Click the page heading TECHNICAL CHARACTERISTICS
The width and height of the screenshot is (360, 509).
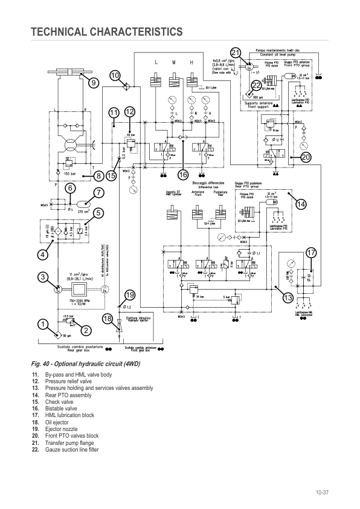click(106, 31)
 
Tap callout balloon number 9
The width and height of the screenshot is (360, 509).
click(92, 83)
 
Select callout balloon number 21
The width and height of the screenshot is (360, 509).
click(236, 53)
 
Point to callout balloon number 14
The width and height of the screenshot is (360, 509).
click(300, 204)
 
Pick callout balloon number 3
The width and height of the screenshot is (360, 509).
click(42, 277)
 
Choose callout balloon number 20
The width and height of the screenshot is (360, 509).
click(305, 157)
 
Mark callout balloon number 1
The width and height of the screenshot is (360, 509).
click(42, 325)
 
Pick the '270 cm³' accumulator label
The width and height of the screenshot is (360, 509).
click(83, 212)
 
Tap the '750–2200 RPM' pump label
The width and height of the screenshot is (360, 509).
click(80, 300)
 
